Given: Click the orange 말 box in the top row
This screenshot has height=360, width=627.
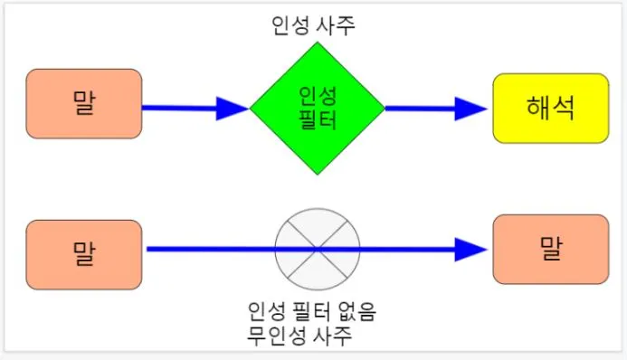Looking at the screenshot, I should coord(85,103).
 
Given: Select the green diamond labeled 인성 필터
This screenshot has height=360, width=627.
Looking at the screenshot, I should coord(317,108).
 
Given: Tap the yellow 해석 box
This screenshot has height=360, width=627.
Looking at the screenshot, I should coord(550,108).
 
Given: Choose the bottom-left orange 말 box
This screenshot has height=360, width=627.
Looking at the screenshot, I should coord(85,254).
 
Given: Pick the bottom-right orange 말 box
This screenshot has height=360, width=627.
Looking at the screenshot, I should coord(550,249).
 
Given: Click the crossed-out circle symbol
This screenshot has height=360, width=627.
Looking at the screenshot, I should coord(318,249).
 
